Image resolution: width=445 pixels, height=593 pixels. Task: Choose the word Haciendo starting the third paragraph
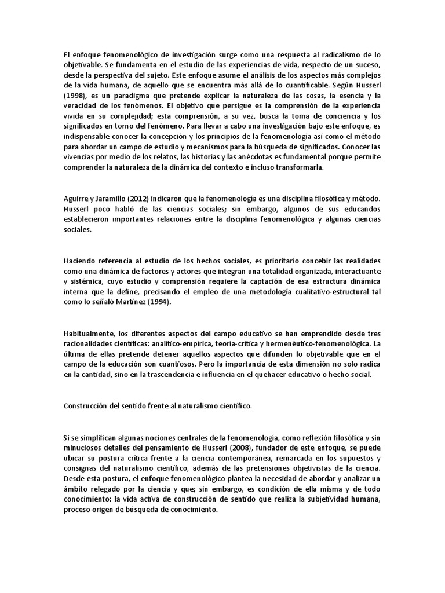coord(78,261)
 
